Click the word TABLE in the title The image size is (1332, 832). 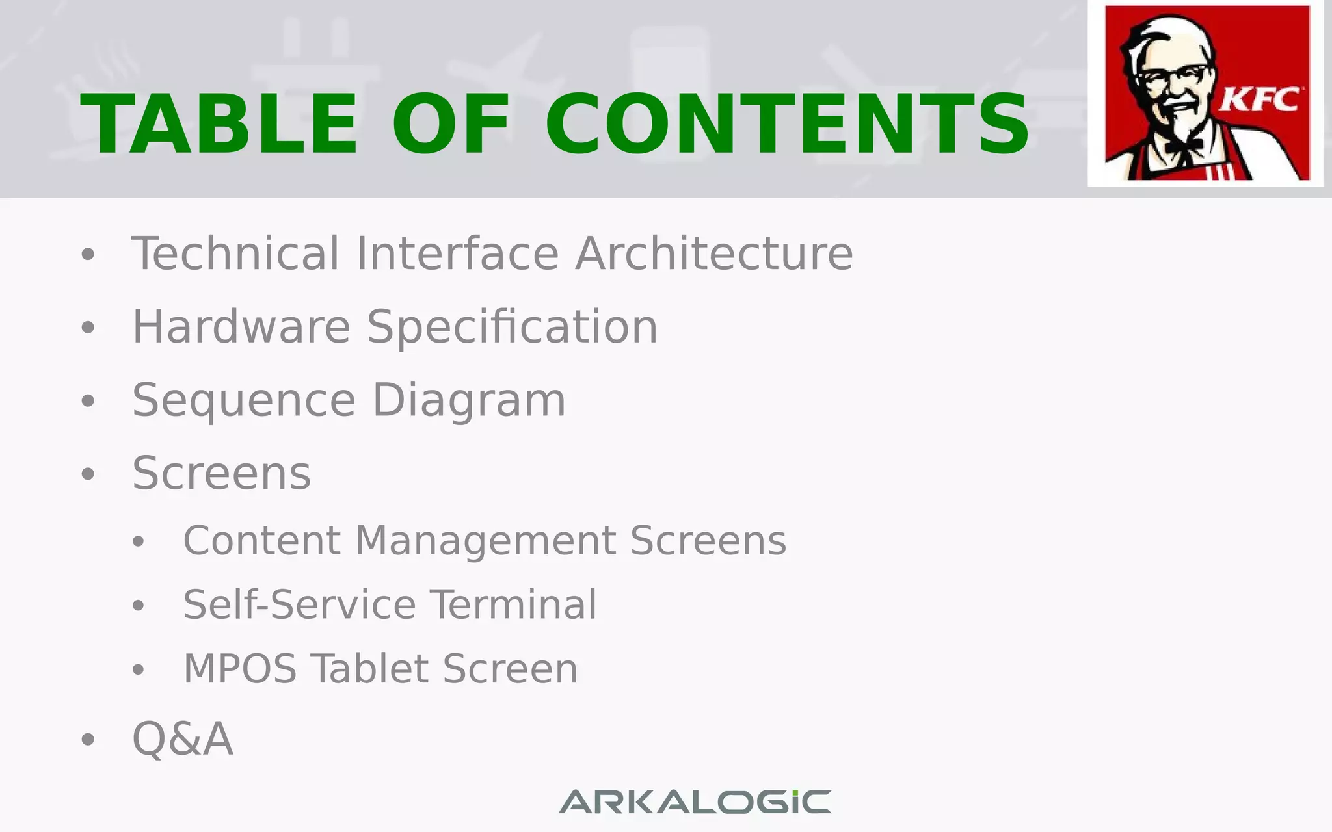coord(219,124)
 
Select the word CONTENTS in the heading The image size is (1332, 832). coord(787,124)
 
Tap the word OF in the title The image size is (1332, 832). coord(451,124)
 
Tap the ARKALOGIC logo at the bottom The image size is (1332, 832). coord(695,801)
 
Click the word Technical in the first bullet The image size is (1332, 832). coord(235,253)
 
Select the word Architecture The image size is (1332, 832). coord(714,253)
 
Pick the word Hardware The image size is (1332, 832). coord(241,326)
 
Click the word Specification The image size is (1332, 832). coord(513,326)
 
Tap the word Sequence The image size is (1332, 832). coord(244,400)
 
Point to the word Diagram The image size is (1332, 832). coord(469,400)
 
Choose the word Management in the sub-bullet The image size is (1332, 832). coord(485,540)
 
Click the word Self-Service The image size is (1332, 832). coord(300,604)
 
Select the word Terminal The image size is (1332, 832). coord(514,604)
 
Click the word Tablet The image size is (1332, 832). coord(369,669)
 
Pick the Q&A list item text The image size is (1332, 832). coord(183,739)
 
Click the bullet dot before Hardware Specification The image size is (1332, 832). coord(88,328)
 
